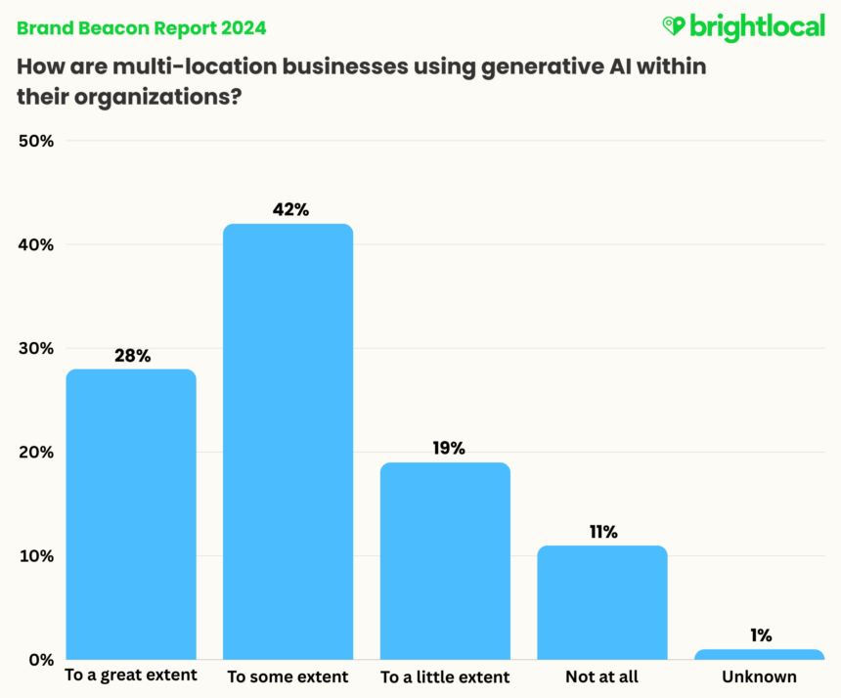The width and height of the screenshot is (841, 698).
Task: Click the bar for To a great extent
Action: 131,513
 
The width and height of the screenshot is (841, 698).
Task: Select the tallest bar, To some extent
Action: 288,441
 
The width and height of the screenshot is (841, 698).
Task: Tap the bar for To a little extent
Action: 445,560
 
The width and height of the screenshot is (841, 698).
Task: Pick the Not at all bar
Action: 602,601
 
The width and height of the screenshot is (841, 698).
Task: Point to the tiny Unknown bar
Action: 760,654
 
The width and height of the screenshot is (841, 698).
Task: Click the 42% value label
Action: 288,209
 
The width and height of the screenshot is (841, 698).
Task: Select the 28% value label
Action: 131,355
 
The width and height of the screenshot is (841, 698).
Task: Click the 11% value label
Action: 602,532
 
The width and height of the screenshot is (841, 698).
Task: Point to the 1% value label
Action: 760,635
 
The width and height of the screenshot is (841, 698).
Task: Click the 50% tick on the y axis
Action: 35,141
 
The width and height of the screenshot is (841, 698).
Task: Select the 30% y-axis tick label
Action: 35,349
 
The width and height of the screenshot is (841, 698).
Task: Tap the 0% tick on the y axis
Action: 40,660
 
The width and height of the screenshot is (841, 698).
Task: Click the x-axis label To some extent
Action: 288,676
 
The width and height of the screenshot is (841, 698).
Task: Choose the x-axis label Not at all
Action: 602,676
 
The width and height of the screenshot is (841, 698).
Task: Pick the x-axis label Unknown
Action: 760,676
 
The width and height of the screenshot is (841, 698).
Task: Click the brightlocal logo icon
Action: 675,25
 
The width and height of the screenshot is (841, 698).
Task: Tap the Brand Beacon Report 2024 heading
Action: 140,27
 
